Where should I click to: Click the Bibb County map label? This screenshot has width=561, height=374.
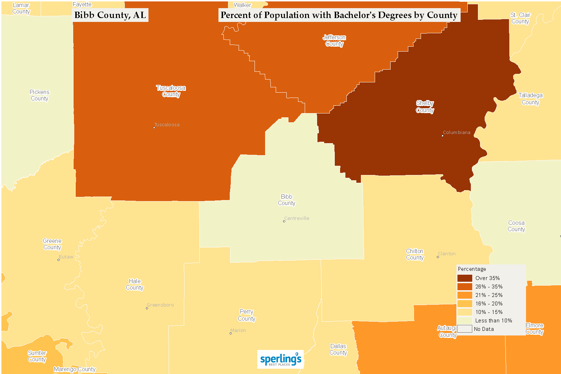click(286, 200)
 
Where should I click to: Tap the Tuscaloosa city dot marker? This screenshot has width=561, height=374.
click(154, 128)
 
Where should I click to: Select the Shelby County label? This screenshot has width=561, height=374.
click(425, 107)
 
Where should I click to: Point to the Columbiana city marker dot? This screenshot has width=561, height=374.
click(443, 135)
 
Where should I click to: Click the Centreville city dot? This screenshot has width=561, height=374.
click(284, 221)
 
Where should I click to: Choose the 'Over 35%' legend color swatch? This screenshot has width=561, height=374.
click(465, 278)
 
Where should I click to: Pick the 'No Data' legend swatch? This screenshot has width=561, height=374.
click(465, 329)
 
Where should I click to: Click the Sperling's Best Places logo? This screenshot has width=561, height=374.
click(280, 360)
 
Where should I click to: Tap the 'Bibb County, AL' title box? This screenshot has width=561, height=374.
click(110, 15)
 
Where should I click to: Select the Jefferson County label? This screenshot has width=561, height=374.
click(334, 41)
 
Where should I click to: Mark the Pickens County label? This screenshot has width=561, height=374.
click(40, 95)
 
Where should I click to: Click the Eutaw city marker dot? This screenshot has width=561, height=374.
click(59, 260)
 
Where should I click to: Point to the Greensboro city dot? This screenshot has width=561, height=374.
click(147, 308)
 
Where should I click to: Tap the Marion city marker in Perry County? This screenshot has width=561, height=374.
click(231, 333)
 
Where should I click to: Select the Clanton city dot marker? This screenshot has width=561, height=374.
click(438, 257)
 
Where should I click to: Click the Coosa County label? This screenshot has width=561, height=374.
click(516, 226)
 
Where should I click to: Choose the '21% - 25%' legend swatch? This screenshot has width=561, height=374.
click(465, 295)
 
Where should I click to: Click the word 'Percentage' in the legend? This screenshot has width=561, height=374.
click(472, 269)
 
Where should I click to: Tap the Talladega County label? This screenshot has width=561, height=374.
click(531, 99)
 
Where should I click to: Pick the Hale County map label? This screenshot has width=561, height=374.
click(135, 285)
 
